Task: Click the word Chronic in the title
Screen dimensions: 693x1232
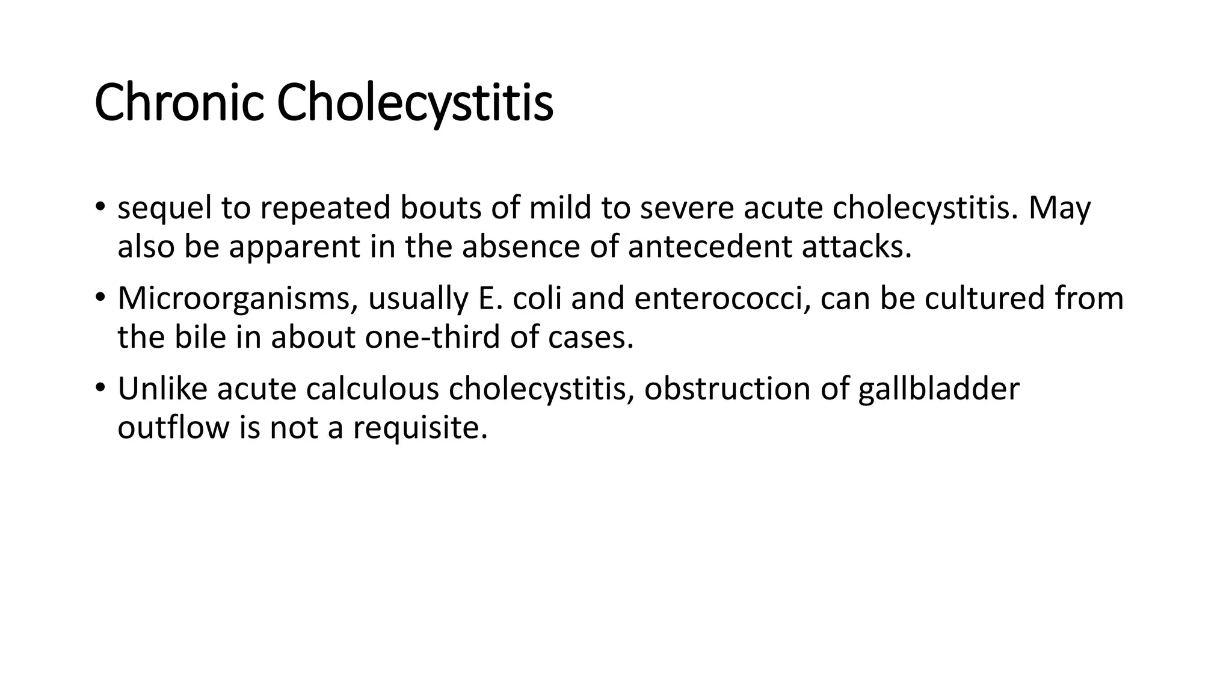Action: tap(179, 102)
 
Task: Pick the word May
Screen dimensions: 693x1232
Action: tap(1059, 209)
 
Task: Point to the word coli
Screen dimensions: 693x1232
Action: tap(537, 298)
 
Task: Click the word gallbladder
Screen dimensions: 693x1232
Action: tap(938, 389)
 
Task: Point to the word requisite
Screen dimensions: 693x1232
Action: tap(420, 428)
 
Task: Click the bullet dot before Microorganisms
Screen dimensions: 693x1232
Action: tap(100, 297)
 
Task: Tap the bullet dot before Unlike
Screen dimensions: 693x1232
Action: tap(100, 387)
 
